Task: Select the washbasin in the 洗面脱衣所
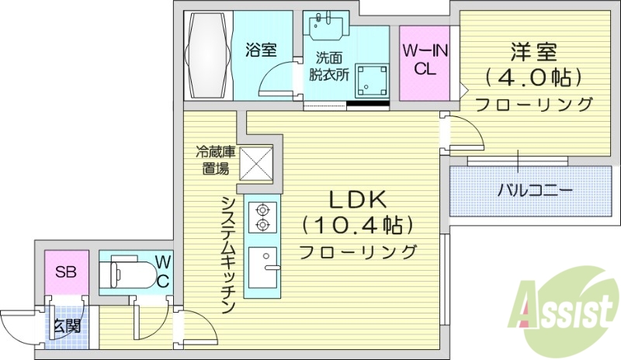click(x=321, y=27)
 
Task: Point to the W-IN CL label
click(x=425, y=59)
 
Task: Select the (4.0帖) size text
click(x=533, y=78)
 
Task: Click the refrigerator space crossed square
click(x=256, y=163)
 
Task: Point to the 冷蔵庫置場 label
click(x=212, y=161)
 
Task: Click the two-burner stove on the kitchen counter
click(x=262, y=216)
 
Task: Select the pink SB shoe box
click(x=65, y=273)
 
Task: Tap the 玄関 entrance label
click(x=66, y=326)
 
